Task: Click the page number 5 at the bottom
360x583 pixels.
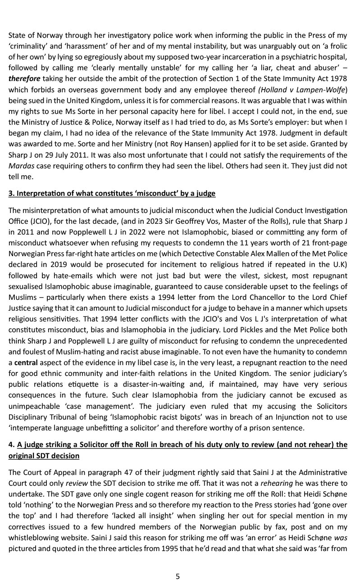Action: click(x=178, y=576)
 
